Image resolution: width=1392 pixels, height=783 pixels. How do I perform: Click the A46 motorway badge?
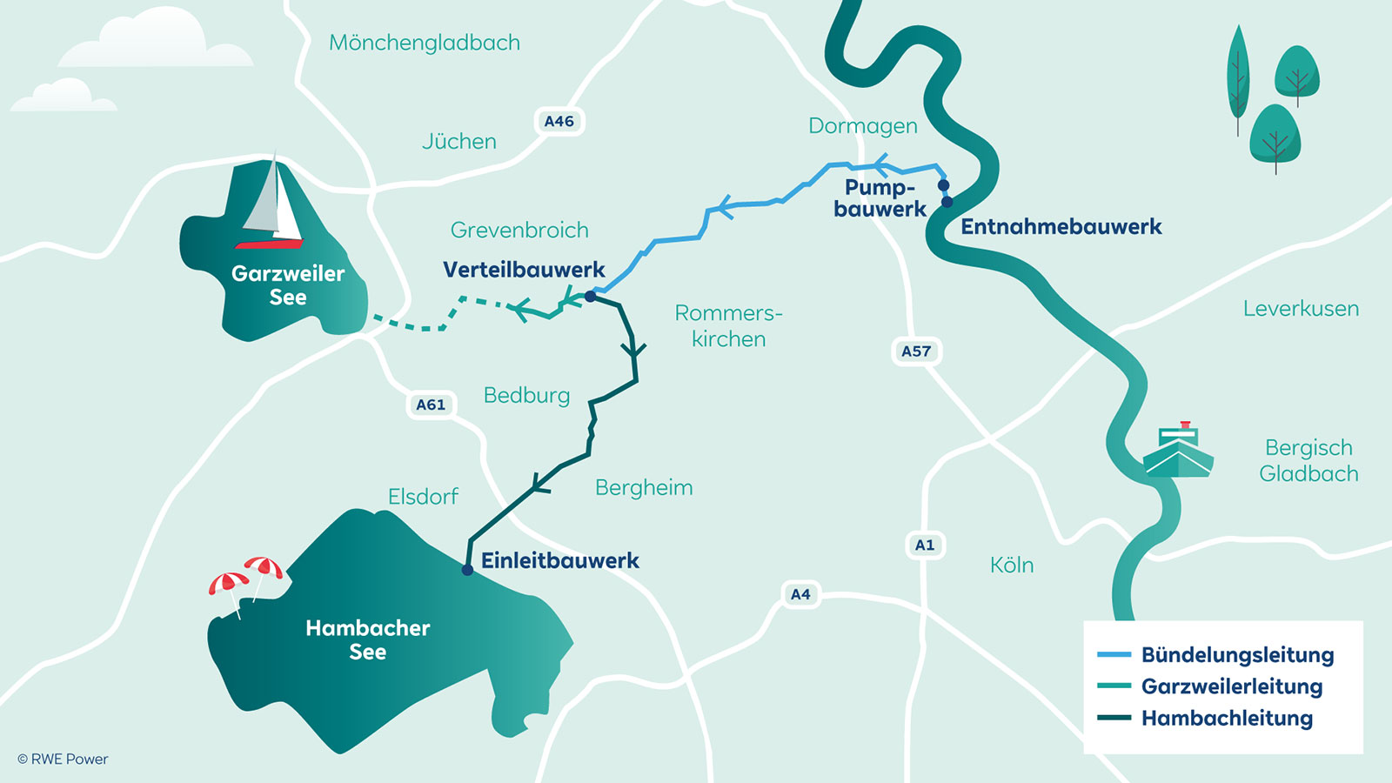tap(559, 122)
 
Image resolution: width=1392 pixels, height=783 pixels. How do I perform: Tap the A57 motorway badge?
tap(916, 351)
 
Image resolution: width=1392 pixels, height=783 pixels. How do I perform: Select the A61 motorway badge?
tap(431, 405)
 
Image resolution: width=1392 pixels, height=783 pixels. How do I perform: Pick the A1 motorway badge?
tap(924, 545)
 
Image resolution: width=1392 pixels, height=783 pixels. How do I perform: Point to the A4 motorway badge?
tap(800, 594)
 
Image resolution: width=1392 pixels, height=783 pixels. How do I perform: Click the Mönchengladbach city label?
tap(425, 43)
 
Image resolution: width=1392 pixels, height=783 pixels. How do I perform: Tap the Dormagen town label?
tap(862, 126)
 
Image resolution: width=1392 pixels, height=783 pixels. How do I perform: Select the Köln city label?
tap(1012, 565)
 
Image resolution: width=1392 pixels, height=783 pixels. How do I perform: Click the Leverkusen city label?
tap(1301, 309)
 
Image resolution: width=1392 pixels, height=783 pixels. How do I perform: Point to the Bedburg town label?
tap(526, 396)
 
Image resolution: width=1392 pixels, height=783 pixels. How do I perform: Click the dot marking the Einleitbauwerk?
tap(467, 570)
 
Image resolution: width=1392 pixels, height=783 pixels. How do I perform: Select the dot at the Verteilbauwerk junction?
tap(590, 297)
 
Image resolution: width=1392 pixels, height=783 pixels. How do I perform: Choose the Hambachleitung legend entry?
tap(1226, 719)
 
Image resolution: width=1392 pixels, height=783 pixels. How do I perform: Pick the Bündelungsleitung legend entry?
tap(1236, 655)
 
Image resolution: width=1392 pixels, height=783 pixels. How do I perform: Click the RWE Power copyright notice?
tap(64, 760)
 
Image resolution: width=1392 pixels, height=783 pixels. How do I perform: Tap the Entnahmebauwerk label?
tap(1061, 227)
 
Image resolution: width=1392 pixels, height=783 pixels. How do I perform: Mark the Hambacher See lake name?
tap(367, 639)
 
